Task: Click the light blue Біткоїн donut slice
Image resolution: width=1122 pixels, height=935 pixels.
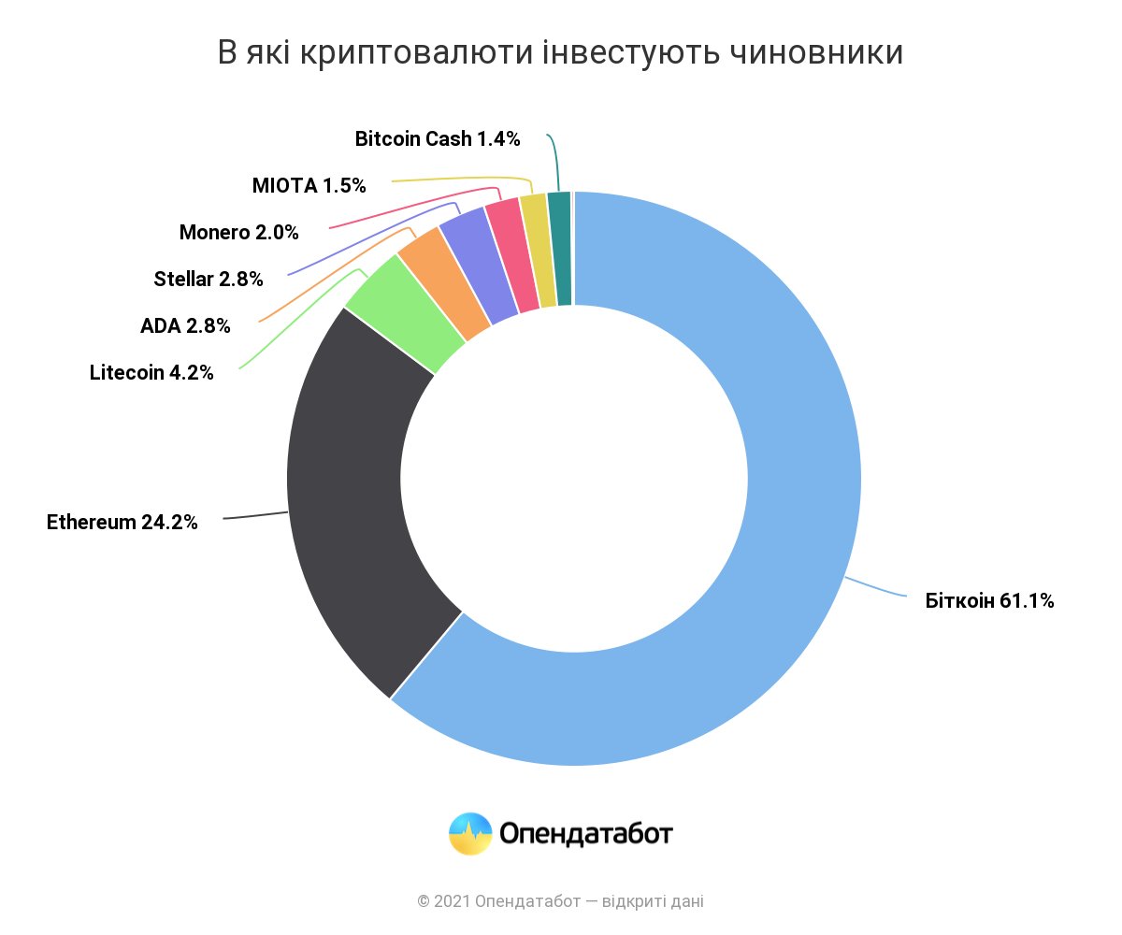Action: (748, 654)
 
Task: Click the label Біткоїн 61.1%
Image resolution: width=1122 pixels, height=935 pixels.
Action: (990, 601)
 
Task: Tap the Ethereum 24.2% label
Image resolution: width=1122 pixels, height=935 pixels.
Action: (122, 523)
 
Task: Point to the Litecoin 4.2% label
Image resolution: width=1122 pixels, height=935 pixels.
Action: (151, 372)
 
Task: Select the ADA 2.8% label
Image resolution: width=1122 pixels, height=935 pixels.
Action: (185, 326)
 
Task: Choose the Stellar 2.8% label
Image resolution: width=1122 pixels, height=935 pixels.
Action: (209, 279)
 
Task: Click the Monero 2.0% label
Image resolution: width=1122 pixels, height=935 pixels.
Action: (239, 232)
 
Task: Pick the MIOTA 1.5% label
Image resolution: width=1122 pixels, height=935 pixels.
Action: (309, 185)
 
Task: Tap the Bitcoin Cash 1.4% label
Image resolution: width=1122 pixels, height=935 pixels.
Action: (438, 139)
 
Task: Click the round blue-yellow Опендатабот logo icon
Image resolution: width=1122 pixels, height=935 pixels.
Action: (470, 833)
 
